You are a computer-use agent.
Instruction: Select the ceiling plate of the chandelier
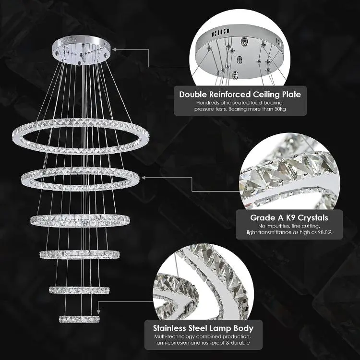[x=81, y=50]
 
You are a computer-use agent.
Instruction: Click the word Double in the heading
[x=193, y=95]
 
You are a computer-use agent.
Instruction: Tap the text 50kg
[x=280, y=109]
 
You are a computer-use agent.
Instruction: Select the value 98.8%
[x=324, y=232]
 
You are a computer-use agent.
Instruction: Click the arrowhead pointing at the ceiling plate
[x=114, y=49]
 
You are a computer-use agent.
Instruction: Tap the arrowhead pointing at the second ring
[x=144, y=178]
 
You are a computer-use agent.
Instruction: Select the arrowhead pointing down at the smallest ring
[x=98, y=312]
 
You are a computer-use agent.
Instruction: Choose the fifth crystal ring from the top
[x=79, y=290]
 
